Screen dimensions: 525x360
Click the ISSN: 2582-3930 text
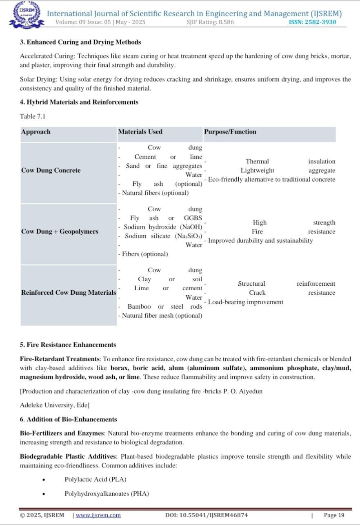click(312, 22)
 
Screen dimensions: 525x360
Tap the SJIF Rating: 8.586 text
click(210, 22)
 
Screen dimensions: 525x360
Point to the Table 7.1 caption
click(33, 116)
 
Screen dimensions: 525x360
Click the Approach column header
click(36, 132)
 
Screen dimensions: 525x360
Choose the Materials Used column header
click(140, 132)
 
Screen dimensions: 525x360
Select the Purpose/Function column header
click(230, 132)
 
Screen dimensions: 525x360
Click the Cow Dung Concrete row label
click(51, 170)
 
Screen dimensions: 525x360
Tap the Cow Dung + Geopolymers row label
click(60, 231)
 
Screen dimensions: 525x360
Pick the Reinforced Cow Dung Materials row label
click(68, 293)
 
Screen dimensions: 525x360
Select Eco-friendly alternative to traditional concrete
click(271, 180)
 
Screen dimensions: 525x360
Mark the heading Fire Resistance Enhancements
click(68, 345)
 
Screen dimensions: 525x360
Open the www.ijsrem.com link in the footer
click(98, 515)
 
